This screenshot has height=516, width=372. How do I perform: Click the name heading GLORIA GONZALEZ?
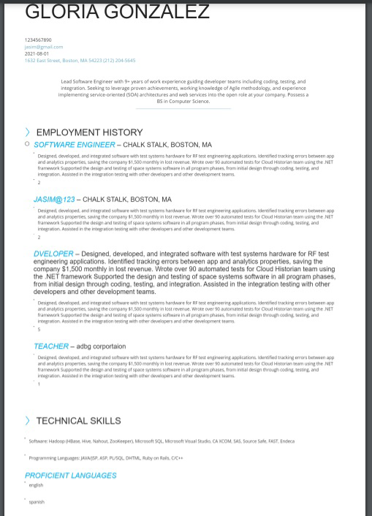coord(117,12)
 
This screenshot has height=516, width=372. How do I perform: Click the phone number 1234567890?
coord(38,40)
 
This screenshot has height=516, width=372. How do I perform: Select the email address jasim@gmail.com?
coord(44,47)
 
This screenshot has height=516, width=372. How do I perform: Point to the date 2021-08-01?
coord(37,53)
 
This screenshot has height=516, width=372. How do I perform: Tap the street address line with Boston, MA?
coord(80,61)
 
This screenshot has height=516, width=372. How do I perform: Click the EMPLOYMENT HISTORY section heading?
coord(89,132)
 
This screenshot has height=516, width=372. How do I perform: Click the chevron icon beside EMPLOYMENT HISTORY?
coord(28,132)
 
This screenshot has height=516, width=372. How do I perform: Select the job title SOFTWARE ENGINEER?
coord(74,145)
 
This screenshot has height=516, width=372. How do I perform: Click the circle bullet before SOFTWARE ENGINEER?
coord(27,144)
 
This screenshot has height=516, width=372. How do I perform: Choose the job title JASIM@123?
coord(54,200)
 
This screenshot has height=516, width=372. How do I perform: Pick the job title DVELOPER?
coord(53,254)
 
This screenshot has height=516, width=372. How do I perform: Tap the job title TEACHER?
coord(51,346)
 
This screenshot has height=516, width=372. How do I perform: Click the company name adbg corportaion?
coord(101,346)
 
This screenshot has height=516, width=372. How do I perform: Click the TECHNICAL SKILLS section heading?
coord(78,421)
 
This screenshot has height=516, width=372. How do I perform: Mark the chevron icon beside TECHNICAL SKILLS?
coord(28,421)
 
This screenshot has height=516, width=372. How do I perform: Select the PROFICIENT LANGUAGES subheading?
coord(71,476)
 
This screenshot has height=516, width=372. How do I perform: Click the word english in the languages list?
coord(36,485)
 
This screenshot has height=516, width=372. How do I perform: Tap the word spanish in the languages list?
coord(37,502)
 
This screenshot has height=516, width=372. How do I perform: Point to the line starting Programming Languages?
coord(106,458)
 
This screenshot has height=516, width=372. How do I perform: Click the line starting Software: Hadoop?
coord(162,441)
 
